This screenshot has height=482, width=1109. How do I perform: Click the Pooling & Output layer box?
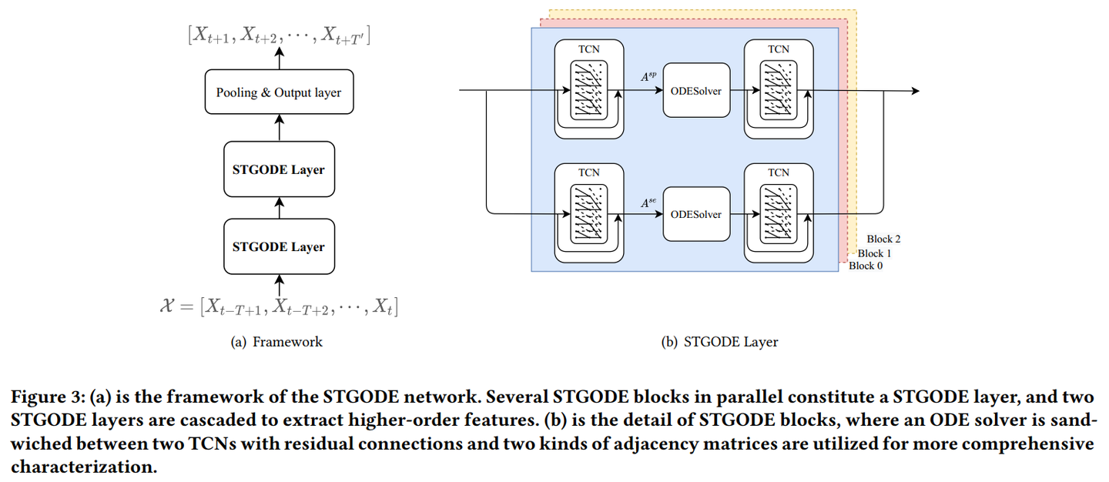[x=279, y=92]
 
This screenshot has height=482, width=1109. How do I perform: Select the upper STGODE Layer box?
[x=279, y=169]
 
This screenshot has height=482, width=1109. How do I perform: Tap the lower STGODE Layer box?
[x=279, y=246]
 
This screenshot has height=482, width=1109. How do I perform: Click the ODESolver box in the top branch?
[x=696, y=91]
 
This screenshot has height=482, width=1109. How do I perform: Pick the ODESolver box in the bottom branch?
[x=696, y=214]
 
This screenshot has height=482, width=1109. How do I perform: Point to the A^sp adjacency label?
[x=648, y=77]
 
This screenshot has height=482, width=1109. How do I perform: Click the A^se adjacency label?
[x=648, y=203]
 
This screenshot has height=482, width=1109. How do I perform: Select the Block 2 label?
[x=883, y=239]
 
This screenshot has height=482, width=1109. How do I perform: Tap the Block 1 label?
[x=875, y=253]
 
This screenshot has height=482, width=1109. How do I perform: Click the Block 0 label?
[x=866, y=266]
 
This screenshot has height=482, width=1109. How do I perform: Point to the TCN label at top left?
[x=589, y=49]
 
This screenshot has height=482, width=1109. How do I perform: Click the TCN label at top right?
[x=779, y=49]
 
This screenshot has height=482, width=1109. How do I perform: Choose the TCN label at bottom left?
[x=589, y=172]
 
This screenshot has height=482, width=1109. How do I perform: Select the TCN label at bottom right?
[x=779, y=172]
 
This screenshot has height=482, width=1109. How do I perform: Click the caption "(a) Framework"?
[x=276, y=342]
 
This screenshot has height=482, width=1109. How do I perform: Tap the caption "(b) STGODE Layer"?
[x=720, y=342]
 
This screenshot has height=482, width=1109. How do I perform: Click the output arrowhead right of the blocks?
[x=915, y=91]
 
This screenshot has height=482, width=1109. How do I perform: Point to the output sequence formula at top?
[x=279, y=35]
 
